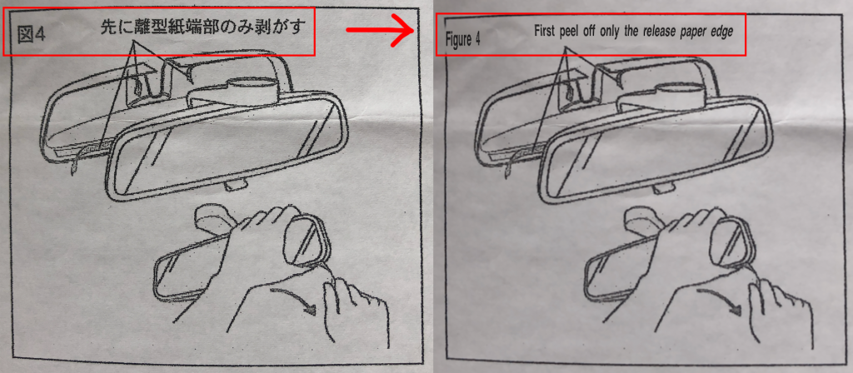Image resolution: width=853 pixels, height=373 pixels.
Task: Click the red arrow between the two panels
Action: click(380, 32)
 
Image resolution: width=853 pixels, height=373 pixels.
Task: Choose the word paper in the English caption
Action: click(695, 32)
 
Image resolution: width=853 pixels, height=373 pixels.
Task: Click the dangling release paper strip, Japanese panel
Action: click(77, 158)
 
